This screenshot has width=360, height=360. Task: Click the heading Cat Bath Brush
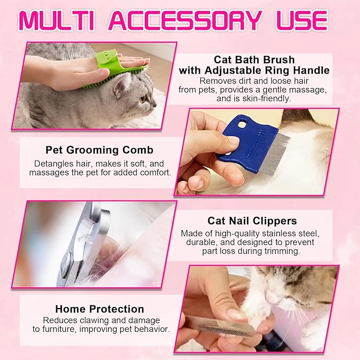(254, 59)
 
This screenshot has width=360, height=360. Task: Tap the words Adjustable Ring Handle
(276, 70)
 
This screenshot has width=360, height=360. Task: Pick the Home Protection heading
(99, 309)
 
